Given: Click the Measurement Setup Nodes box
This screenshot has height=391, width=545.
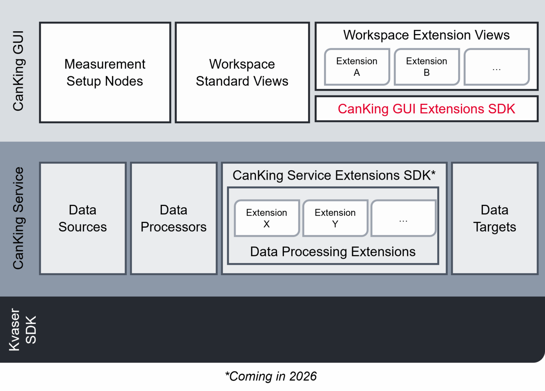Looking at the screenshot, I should click(105, 73).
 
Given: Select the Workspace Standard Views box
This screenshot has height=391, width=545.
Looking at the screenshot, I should click(242, 73).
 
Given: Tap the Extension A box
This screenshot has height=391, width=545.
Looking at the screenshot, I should click(357, 67).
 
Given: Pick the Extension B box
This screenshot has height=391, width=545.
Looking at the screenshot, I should click(426, 67).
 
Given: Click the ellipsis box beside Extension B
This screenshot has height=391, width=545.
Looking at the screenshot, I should click(496, 67).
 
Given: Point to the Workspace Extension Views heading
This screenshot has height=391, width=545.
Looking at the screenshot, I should click(426, 35).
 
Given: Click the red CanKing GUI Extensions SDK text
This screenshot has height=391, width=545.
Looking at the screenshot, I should click(426, 109).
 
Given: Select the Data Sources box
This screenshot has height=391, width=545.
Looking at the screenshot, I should click(83, 218).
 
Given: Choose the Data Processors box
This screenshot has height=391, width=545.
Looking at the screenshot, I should click(174, 218).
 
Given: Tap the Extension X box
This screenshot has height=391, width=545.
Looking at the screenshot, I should click(266, 218).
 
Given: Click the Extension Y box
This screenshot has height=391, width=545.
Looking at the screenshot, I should click(335, 218).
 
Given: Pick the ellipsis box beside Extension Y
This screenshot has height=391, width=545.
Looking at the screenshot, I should click(403, 218).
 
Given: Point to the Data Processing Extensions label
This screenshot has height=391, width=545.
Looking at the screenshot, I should click(332, 252).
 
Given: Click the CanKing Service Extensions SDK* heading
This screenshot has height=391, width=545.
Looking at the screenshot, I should click(332, 175).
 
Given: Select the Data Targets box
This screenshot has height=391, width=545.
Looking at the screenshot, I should click(495, 218).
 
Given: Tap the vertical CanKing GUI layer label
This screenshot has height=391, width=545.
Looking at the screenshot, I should click(18, 71).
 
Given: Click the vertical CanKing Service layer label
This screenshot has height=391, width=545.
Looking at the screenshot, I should click(18, 218).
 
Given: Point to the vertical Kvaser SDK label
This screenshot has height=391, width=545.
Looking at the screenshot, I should click(23, 330).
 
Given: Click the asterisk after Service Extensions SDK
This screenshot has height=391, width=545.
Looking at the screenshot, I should click(433, 173).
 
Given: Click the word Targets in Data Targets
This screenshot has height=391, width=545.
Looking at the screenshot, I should click(495, 227).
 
